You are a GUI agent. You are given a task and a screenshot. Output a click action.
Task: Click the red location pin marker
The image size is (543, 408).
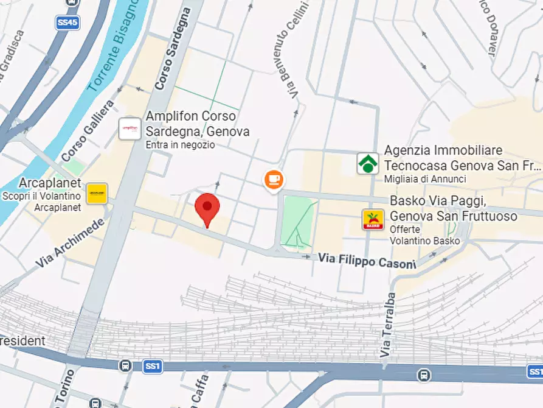pyautogui.click(x=207, y=208)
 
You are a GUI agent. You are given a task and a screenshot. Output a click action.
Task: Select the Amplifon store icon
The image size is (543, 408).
pyautogui.click(x=130, y=128)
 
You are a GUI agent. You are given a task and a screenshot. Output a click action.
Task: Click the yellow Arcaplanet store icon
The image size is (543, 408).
pyautogui.click(x=97, y=193)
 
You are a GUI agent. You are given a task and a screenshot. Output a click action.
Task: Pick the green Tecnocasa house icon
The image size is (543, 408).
pyautogui.click(x=367, y=163)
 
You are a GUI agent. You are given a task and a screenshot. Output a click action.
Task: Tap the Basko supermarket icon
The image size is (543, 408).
pyautogui.click(x=373, y=219)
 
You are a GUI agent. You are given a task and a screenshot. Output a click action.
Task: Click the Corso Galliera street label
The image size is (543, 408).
pyautogui.click(x=88, y=132)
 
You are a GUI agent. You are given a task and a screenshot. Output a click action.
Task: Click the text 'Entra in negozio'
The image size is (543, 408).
pyautogui.click(x=179, y=145)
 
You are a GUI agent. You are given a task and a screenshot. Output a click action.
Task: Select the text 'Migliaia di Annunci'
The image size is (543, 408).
pyautogui.click(x=424, y=179)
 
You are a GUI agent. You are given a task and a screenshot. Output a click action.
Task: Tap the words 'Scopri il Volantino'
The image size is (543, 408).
pyautogui.click(x=41, y=196)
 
